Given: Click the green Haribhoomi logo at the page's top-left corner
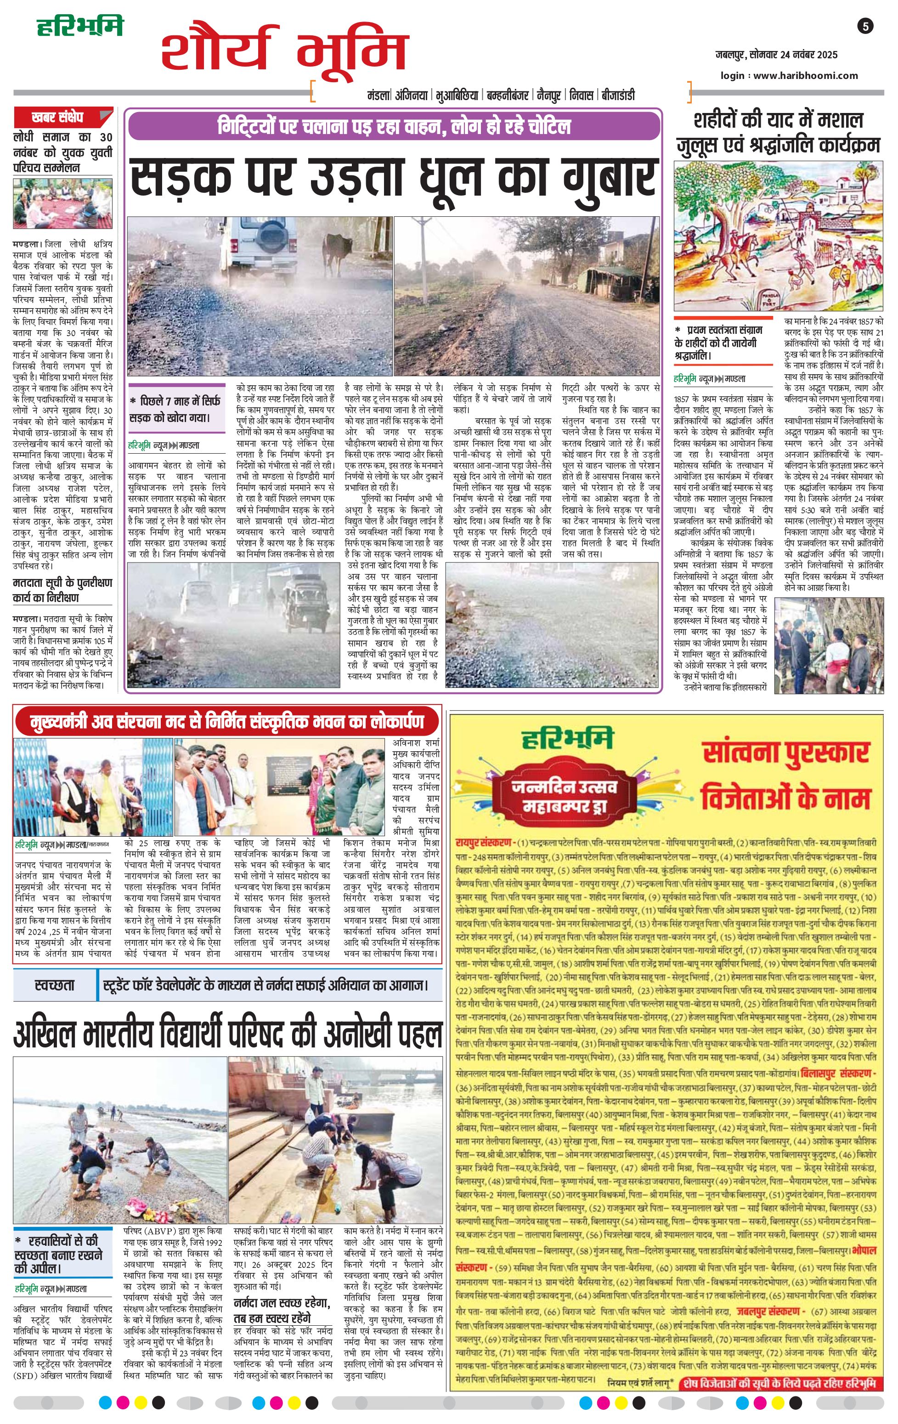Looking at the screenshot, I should [80, 27].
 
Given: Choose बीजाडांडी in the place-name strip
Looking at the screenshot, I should [618, 95].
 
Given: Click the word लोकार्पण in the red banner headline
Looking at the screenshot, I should [393, 721].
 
